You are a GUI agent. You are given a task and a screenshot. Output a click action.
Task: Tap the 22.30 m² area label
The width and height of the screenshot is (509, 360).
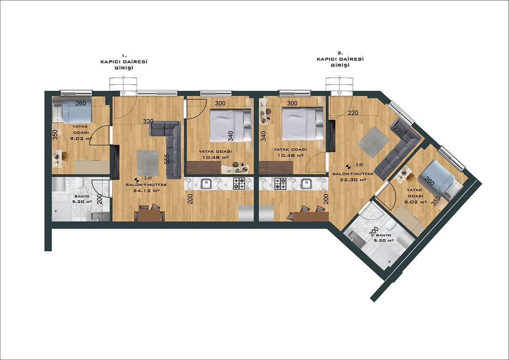click(x=353, y=180)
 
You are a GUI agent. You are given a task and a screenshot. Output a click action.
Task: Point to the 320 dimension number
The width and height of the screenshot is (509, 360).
click(x=148, y=121)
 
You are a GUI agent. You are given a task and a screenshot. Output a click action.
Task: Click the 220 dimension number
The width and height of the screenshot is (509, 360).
click(x=353, y=112)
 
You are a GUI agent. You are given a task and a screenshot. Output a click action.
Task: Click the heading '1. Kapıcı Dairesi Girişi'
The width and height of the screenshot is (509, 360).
click(x=124, y=62)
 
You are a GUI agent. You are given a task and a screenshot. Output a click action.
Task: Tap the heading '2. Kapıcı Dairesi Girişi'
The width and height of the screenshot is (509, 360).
click(x=340, y=59)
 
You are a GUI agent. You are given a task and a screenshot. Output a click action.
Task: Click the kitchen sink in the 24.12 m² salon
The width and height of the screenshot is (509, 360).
click(x=206, y=183)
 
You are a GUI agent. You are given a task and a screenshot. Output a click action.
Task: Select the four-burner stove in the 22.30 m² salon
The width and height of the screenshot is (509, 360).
click(x=280, y=183)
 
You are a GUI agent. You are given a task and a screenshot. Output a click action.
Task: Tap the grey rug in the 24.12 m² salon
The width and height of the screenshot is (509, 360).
click(x=148, y=163)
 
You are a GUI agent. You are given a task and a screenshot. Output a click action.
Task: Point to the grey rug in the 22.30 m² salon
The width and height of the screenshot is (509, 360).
click(x=373, y=142)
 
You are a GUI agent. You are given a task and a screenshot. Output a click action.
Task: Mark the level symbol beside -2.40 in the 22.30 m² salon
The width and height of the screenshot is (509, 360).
click(x=348, y=166)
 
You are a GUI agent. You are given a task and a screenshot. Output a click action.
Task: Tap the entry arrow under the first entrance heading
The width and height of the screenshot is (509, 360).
click(x=123, y=93)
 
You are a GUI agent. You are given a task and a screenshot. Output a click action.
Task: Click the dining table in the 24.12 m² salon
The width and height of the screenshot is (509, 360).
click(x=149, y=215)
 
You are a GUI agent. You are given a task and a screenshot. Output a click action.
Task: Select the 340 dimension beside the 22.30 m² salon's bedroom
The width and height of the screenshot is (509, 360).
click(x=263, y=136)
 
